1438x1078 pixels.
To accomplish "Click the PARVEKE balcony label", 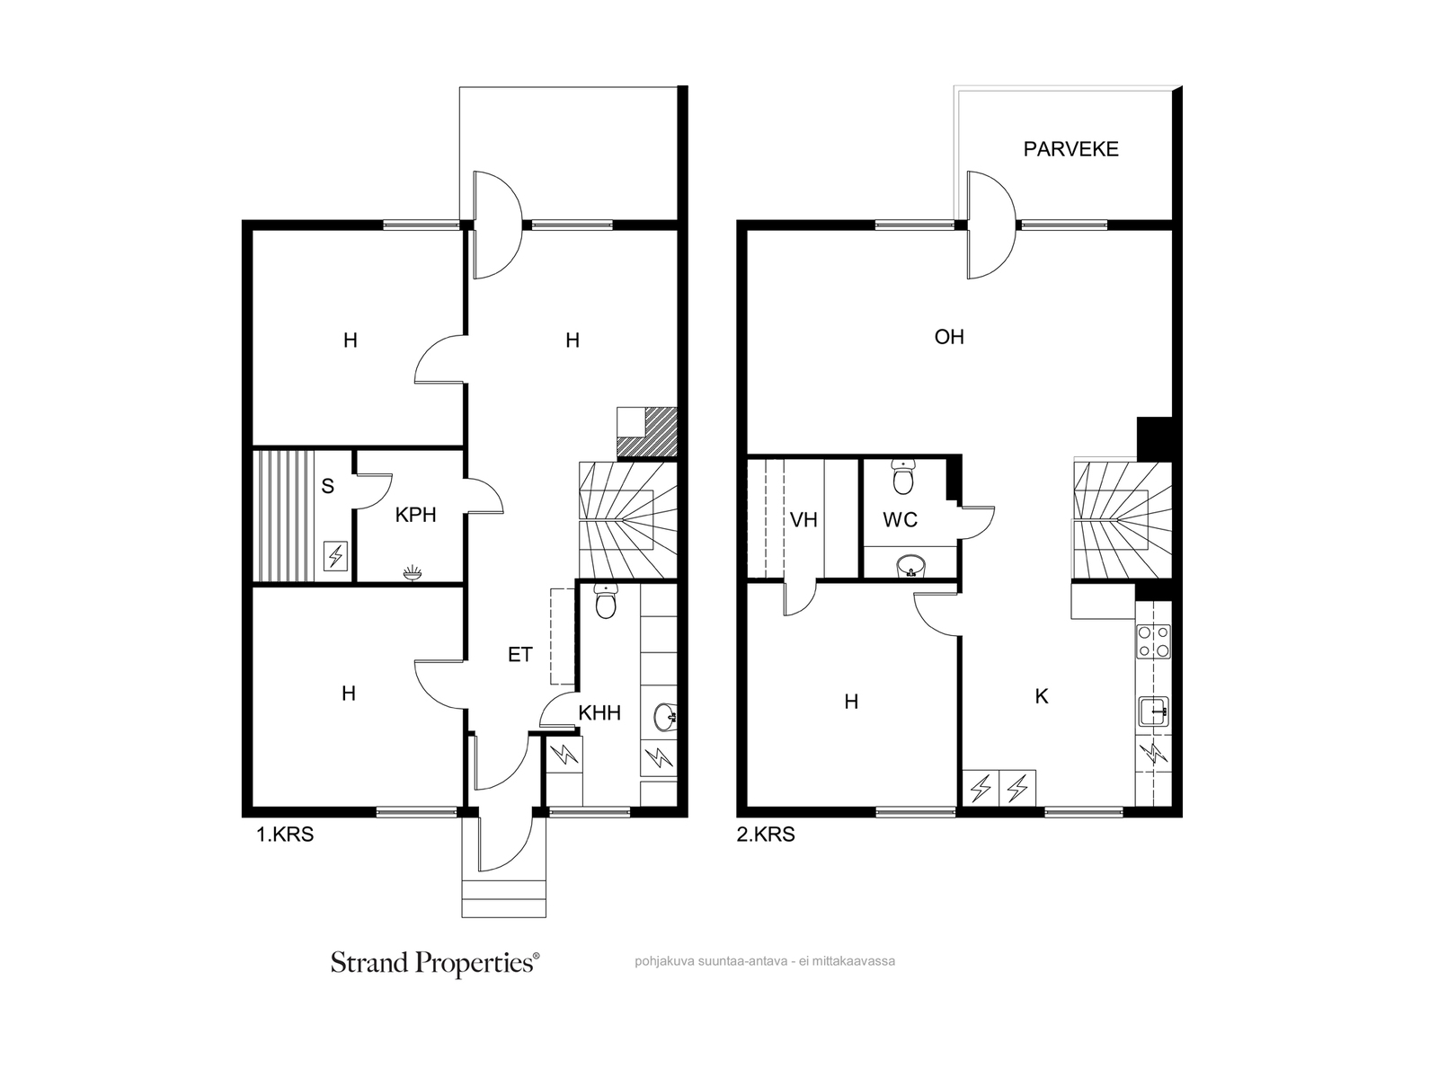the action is pyautogui.click(x=1070, y=149).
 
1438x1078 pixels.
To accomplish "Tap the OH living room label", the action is pyautogui.click(x=948, y=337).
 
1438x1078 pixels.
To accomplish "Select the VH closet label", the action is pyautogui.click(x=803, y=520).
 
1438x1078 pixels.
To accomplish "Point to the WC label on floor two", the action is pyautogui.click(x=901, y=520).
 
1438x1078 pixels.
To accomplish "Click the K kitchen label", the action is pyautogui.click(x=1042, y=696).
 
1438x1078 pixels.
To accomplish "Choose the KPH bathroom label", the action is pyautogui.click(x=415, y=515).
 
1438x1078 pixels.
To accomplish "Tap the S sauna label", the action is pyautogui.click(x=327, y=486).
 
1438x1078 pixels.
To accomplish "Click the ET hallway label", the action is pyautogui.click(x=520, y=655).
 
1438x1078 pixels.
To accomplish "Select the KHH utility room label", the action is pyautogui.click(x=599, y=712).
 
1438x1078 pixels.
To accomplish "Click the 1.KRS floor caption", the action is pyautogui.click(x=285, y=835).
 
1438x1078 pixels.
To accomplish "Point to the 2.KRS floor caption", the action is pyautogui.click(x=766, y=835).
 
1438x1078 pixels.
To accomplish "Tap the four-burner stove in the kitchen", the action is pyautogui.click(x=1154, y=641).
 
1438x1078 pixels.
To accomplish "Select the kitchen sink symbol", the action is pyautogui.click(x=1154, y=711).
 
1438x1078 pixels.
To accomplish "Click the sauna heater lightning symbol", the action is pyautogui.click(x=335, y=556).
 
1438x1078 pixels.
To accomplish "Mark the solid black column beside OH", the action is pyautogui.click(x=1154, y=439).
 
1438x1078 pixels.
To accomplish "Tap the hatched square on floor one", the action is pyautogui.click(x=646, y=432).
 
